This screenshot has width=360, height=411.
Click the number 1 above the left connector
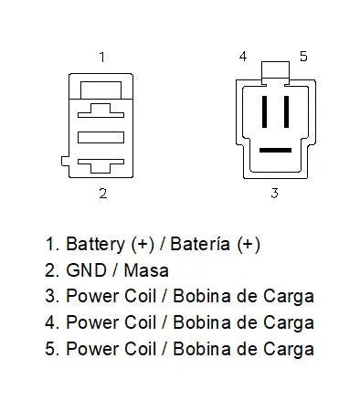(101, 57)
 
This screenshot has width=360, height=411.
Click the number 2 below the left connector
(102, 193)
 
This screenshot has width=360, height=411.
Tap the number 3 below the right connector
(273, 193)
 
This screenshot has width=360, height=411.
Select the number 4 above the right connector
(243, 57)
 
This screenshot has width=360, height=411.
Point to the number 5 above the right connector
(303, 57)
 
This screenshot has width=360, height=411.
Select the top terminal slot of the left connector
(101, 111)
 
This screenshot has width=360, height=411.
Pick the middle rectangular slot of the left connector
(101, 138)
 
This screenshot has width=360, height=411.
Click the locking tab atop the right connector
(274, 71)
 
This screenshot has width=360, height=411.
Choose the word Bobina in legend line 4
(195, 322)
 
